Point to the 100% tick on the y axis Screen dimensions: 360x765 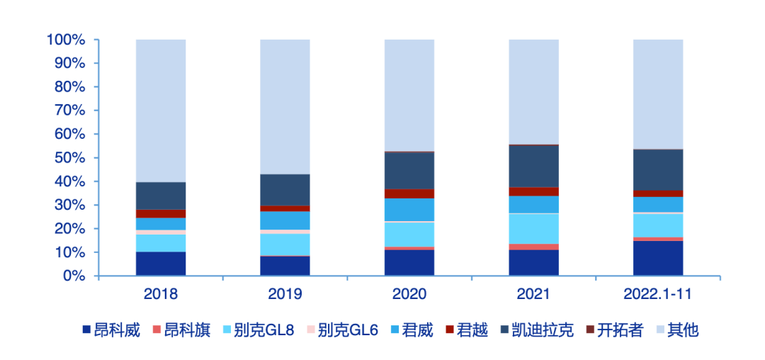click(x=66, y=40)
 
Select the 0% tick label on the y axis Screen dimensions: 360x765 click(x=73, y=276)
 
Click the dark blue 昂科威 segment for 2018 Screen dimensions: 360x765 click(x=161, y=264)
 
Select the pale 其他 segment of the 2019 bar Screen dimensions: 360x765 click(x=285, y=106)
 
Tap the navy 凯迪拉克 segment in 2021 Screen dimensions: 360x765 click(x=533, y=166)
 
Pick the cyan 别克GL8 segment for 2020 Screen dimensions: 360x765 click(x=409, y=234)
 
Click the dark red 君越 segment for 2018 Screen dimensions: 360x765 click(x=161, y=213)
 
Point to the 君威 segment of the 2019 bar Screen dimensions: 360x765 click(x=285, y=220)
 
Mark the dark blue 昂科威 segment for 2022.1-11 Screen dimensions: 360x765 click(x=658, y=258)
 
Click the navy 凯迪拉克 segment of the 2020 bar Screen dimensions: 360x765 click(x=409, y=171)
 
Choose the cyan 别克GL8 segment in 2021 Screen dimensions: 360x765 click(x=533, y=228)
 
